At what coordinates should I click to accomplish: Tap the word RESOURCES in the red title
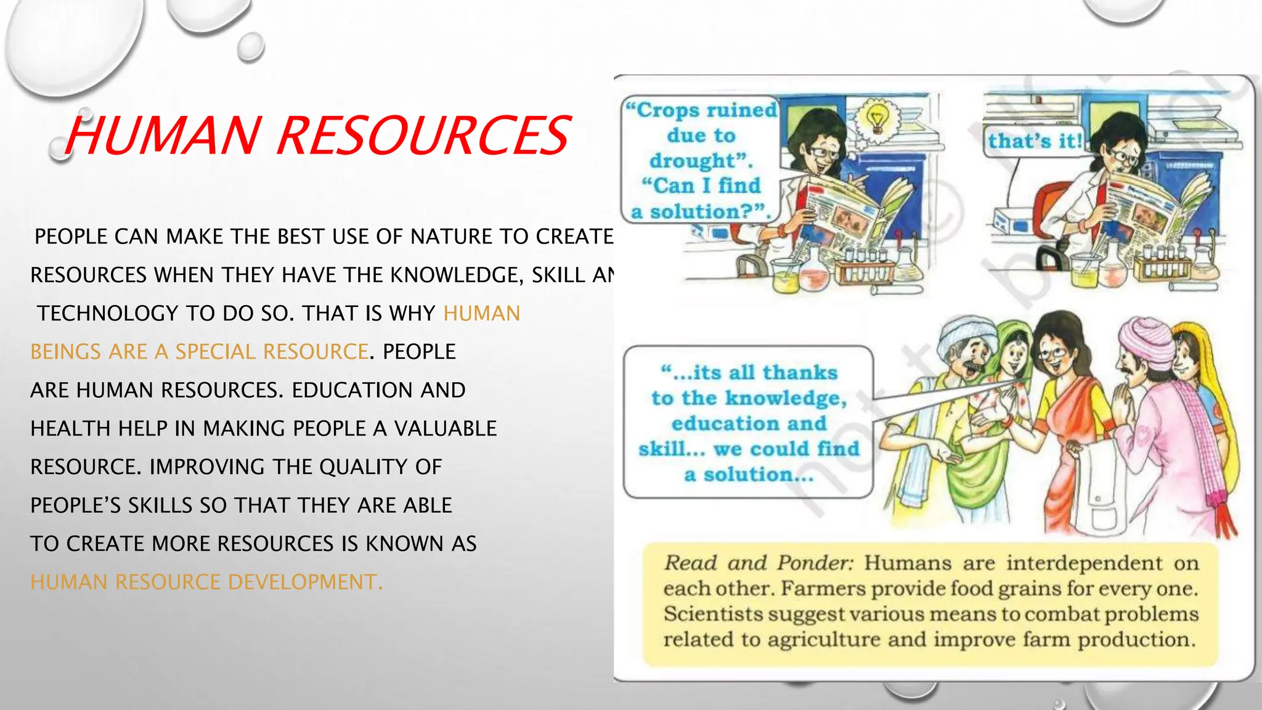pos(423,136)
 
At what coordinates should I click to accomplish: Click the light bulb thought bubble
pos(876,116)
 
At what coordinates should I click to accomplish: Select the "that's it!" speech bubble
pos(1034,141)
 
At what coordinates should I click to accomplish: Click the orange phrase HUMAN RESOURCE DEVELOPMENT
pos(206,582)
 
